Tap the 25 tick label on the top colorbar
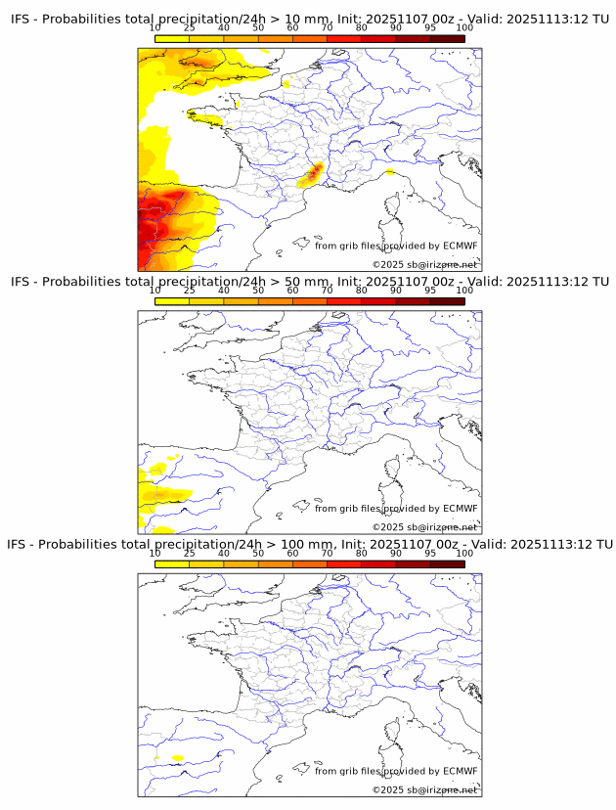click(x=189, y=27)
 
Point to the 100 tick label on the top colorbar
click(x=464, y=27)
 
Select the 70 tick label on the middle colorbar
click(x=327, y=290)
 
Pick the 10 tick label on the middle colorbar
click(x=154, y=290)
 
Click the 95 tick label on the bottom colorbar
click(x=430, y=552)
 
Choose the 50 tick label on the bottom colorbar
click(x=258, y=552)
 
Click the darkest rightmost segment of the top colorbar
click(x=447, y=38)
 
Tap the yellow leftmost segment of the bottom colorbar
click(x=171, y=563)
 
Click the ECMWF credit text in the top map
click(x=396, y=246)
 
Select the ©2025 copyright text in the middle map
click(x=424, y=527)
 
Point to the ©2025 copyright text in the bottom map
click(x=424, y=789)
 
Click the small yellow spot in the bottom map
click(x=177, y=758)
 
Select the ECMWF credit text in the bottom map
click(x=396, y=771)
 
